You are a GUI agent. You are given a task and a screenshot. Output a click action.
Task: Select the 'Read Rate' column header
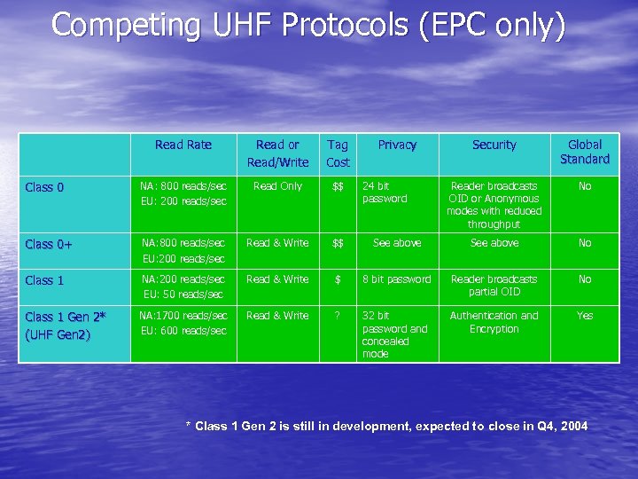pos(183,145)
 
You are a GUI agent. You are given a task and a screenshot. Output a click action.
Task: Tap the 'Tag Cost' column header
pos(338,153)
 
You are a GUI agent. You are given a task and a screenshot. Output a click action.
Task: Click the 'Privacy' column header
pos(396,145)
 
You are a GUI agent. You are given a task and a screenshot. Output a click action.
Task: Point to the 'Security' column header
pos(494,145)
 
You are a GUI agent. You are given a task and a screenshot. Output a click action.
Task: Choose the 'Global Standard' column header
pos(584,152)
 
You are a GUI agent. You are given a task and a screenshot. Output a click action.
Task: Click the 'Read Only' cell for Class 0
pos(277,186)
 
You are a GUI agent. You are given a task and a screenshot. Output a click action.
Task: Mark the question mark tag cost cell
pos(338,316)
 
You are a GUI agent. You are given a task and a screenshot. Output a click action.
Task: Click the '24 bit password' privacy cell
pos(385,192)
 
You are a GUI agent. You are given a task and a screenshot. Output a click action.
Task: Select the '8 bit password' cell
pos(396,279)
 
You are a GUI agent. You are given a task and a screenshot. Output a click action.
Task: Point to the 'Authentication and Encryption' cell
pos(494,322)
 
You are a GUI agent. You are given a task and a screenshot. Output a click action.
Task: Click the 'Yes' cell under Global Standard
pos(585,316)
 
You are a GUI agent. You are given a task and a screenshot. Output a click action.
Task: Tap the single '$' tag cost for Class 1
pos(338,279)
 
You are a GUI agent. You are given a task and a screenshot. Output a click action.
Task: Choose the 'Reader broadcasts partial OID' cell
pos(494,286)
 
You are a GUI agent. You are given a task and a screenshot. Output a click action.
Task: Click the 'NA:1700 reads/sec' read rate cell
pos(183,316)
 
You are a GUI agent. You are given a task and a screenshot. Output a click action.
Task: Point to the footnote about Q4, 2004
pos(386,427)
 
